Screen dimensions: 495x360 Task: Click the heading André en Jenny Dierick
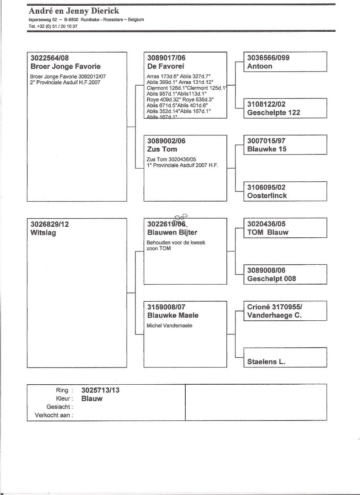tap(74, 11)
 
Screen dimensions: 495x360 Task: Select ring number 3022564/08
tap(50, 58)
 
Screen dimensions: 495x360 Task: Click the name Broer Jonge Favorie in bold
tap(65, 67)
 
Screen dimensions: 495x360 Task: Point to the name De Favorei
tap(165, 67)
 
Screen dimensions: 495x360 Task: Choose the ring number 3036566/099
tap(268, 58)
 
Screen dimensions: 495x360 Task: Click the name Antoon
tap(260, 67)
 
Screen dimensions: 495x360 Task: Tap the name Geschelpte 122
tap(274, 112)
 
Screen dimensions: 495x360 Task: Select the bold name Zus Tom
tap(162, 149)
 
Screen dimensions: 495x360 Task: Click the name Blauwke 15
tap(267, 149)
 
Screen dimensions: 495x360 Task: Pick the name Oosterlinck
tap(267, 195)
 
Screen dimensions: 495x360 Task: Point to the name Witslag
tap(43, 232)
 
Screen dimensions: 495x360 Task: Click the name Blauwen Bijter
tap(172, 232)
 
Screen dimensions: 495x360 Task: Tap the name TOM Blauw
tap(268, 232)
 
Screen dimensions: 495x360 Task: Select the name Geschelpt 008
tap(272, 278)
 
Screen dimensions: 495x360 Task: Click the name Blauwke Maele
tap(172, 315)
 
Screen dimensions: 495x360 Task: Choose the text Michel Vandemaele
tap(169, 326)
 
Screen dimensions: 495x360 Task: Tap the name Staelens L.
tap(266, 362)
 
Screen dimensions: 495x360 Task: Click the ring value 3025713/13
tap(101, 390)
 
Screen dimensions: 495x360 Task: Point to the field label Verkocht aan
tap(54, 415)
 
